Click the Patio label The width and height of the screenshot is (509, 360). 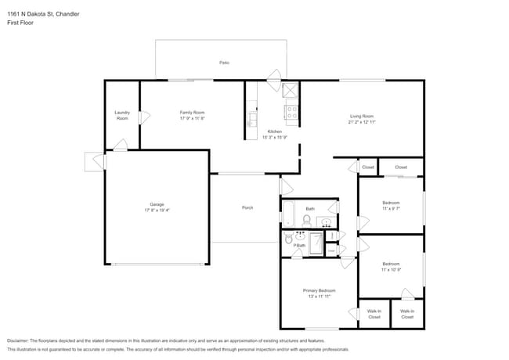pos(224,63)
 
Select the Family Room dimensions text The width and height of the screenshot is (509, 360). pos(192,118)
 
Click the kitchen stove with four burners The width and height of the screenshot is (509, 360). pos(291,113)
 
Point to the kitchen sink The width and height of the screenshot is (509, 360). pos(252,119)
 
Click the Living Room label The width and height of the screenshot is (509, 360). pos(361,116)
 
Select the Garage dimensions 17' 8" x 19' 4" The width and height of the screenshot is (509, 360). pos(157,210)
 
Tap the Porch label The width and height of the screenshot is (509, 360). pos(247,207)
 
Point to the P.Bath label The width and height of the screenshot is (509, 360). pos(299,246)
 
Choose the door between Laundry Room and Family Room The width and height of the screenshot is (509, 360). pos(143,117)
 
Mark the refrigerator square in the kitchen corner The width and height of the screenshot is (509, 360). pos(290,89)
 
